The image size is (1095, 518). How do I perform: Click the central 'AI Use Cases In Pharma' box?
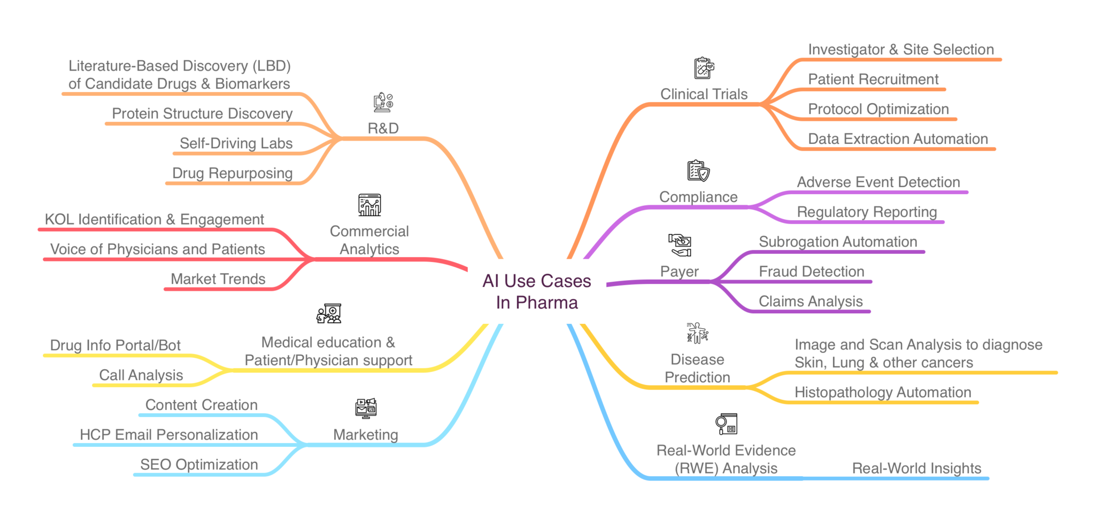tap(537, 291)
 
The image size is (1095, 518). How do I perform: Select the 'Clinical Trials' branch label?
tap(704, 94)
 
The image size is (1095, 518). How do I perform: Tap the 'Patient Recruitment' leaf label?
tap(873, 80)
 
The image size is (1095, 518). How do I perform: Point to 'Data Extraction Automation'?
tap(898, 139)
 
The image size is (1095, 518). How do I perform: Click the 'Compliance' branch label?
tap(698, 197)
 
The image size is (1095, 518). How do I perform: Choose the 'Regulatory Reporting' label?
tap(867, 212)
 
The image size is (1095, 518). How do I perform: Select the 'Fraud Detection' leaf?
tap(811, 272)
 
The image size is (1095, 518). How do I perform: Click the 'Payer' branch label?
tap(679, 272)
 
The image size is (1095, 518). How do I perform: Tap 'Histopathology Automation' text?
tap(883, 392)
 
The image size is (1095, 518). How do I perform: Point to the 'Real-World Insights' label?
tap(916, 468)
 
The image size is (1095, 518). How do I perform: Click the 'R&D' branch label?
tap(383, 128)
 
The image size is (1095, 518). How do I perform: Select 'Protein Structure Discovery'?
tap(202, 113)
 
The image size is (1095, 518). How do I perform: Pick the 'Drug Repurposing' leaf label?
tap(232, 173)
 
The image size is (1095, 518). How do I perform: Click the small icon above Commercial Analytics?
tap(369, 205)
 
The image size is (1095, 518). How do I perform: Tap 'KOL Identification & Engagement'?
tap(154, 219)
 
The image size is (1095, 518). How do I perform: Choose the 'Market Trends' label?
tap(218, 279)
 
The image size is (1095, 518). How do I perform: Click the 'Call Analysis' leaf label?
tap(141, 375)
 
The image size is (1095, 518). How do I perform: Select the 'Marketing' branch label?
tap(365, 435)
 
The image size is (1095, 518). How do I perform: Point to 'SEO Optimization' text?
tap(199, 465)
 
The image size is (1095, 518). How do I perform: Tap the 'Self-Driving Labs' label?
tap(236, 143)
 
